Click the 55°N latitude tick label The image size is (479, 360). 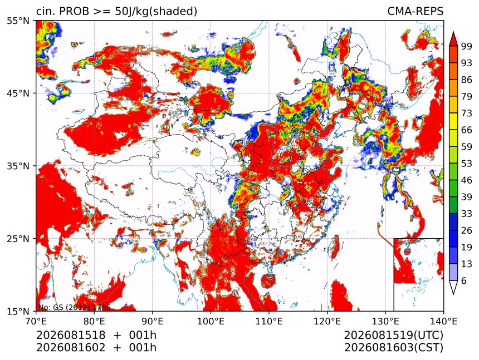click(x=18, y=21)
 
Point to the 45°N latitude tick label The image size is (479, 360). click(x=18, y=93)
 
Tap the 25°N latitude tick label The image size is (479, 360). click(x=18, y=238)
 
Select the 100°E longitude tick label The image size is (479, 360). click(x=211, y=321)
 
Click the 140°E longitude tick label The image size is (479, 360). click(x=443, y=321)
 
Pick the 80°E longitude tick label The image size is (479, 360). click(x=94, y=321)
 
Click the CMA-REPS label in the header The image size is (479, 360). click(x=415, y=11)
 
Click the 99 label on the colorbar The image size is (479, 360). click(x=467, y=46)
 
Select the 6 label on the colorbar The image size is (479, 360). click(x=464, y=280)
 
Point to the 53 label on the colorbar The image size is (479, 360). click(x=467, y=164)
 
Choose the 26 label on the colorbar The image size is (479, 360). click(x=467, y=230)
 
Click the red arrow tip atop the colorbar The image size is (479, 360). click(x=453, y=32)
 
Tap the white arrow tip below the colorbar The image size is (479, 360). click(x=453, y=294)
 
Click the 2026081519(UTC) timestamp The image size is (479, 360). click(x=393, y=335)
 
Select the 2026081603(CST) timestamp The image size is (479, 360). click(x=393, y=347)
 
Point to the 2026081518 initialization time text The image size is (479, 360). click(x=71, y=335)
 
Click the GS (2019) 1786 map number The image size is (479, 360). click(x=82, y=307)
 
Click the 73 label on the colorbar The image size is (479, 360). click(x=467, y=113)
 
